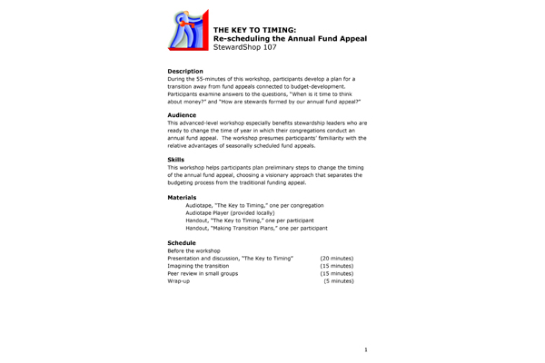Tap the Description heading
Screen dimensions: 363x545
point(185,71)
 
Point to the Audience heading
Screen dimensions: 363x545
point(183,115)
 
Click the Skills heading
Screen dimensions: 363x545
point(176,160)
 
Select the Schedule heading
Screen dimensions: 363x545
point(183,243)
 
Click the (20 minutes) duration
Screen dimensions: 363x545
point(336,259)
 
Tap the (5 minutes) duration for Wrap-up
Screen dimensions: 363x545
point(339,281)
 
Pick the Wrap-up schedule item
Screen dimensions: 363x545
point(179,281)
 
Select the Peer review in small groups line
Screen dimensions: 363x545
point(203,273)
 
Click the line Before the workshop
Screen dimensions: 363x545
point(194,250)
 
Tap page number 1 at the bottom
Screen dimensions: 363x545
point(365,349)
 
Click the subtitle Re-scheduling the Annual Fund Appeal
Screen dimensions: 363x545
point(289,39)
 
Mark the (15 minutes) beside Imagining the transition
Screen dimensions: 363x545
point(336,266)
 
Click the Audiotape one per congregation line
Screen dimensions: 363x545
point(250,206)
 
